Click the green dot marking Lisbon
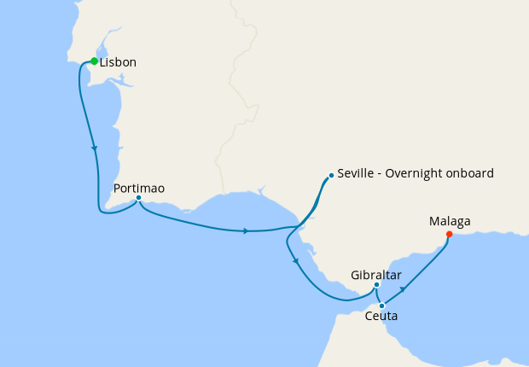click(95, 61)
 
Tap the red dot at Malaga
click(450, 235)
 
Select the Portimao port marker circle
click(138, 199)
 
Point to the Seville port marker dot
click(330, 177)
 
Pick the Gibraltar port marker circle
click(376, 285)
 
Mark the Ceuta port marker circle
click(381, 305)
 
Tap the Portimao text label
click(138, 188)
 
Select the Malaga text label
click(450, 222)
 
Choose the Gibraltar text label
click(376, 275)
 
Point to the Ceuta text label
click(380, 317)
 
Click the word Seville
click(357, 173)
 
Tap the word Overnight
click(419, 173)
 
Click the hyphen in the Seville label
click(381, 174)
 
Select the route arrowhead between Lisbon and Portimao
click(94, 149)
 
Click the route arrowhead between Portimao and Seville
click(246, 230)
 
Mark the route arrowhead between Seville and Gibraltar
click(294, 261)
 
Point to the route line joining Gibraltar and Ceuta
click(378, 296)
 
